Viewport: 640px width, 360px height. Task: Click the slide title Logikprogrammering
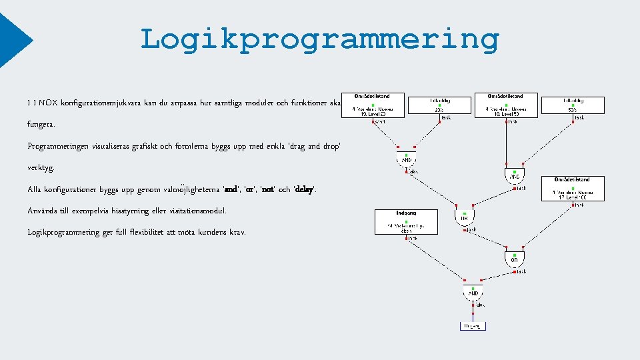(319, 39)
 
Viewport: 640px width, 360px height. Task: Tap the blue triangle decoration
(15, 40)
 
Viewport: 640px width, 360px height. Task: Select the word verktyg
(41, 167)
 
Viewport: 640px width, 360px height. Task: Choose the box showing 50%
(573, 105)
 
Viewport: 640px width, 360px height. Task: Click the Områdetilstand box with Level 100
(572, 188)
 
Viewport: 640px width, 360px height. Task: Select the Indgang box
(407, 222)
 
